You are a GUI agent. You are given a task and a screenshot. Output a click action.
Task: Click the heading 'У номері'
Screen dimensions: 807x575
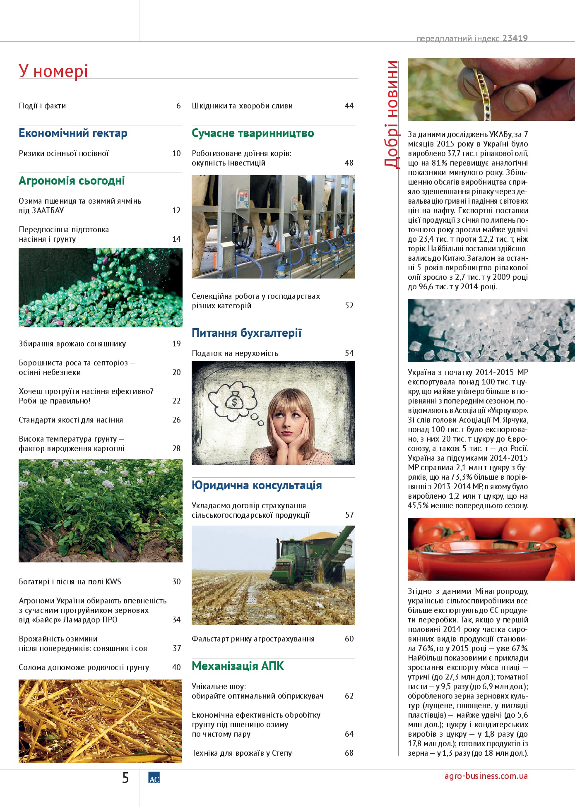pyautogui.click(x=53, y=71)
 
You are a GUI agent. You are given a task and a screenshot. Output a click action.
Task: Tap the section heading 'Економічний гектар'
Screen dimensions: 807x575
pyautogui.click(x=73, y=133)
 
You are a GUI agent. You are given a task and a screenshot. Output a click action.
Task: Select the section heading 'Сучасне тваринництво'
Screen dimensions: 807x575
pyautogui.click(x=253, y=133)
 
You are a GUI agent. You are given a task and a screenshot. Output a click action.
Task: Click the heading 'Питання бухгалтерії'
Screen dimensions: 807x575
pyautogui.click(x=246, y=333)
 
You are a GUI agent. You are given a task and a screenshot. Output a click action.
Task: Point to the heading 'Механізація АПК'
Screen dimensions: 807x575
pyautogui.click(x=238, y=666)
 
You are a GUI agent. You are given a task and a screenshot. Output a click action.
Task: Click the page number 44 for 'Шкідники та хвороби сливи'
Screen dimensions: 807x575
pyautogui.click(x=349, y=106)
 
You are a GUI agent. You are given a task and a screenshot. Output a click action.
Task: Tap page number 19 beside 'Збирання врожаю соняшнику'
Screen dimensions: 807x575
pyautogui.click(x=176, y=344)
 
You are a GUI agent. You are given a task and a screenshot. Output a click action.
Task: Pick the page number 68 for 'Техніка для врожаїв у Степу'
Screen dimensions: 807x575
pyautogui.click(x=349, y=753)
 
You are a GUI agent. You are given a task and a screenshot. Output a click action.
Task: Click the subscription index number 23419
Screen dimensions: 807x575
pyautogui.click(x=515, y=38)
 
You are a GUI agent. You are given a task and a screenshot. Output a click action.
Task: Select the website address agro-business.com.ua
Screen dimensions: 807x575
pyautogui.click(x=486, y=776)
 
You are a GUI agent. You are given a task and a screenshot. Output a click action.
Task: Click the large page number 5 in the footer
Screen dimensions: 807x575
pyautogui.click(x=125, y=778)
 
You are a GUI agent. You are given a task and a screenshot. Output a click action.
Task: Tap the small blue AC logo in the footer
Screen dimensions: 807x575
pyautogui.click(x=154, y=778)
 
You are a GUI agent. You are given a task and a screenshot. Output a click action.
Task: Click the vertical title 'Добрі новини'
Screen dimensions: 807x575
pyautogui.click(x=392, y=114)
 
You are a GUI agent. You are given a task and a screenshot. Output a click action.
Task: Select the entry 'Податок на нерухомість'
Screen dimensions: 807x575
pyautogui.click(x=235, y=353)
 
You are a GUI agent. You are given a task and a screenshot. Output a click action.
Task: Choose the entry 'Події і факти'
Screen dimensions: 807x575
pyautogui.click(x=42, y=106)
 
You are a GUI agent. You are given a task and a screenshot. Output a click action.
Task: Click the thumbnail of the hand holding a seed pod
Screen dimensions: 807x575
pyautogui.click(x=491, y=89)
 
